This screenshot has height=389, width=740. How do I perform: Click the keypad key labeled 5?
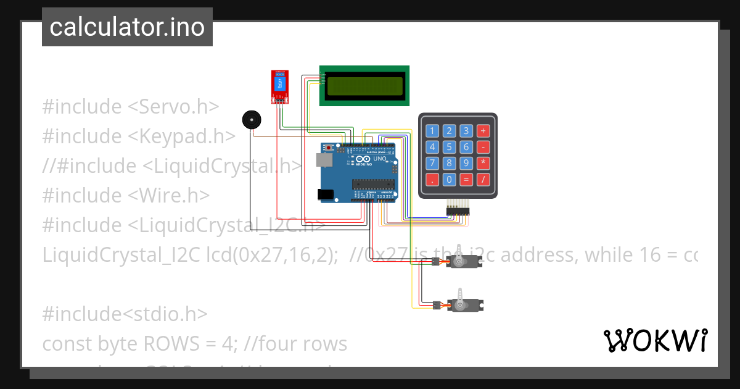[x=450, y=147]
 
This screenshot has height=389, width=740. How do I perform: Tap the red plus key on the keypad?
[x=483, y=130]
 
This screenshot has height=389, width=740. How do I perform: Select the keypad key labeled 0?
[x=450, y=180]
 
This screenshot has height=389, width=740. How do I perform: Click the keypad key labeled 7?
[x=433, y=163]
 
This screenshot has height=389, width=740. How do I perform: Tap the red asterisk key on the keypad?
[x=483, y=163]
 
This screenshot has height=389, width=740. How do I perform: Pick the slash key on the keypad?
[x=483, y=180]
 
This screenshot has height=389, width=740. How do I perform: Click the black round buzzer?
[x=250, y=120]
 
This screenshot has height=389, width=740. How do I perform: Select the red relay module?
[x=280, y=85]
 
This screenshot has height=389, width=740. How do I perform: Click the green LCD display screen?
[x=364, y=86]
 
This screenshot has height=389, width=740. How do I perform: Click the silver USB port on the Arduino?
[x=323, y=160]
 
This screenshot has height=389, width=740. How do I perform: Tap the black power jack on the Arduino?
[x=325, y=194]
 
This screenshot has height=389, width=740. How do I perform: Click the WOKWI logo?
[x=654, y=340]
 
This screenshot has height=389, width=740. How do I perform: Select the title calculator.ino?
[x=127, y=27]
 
